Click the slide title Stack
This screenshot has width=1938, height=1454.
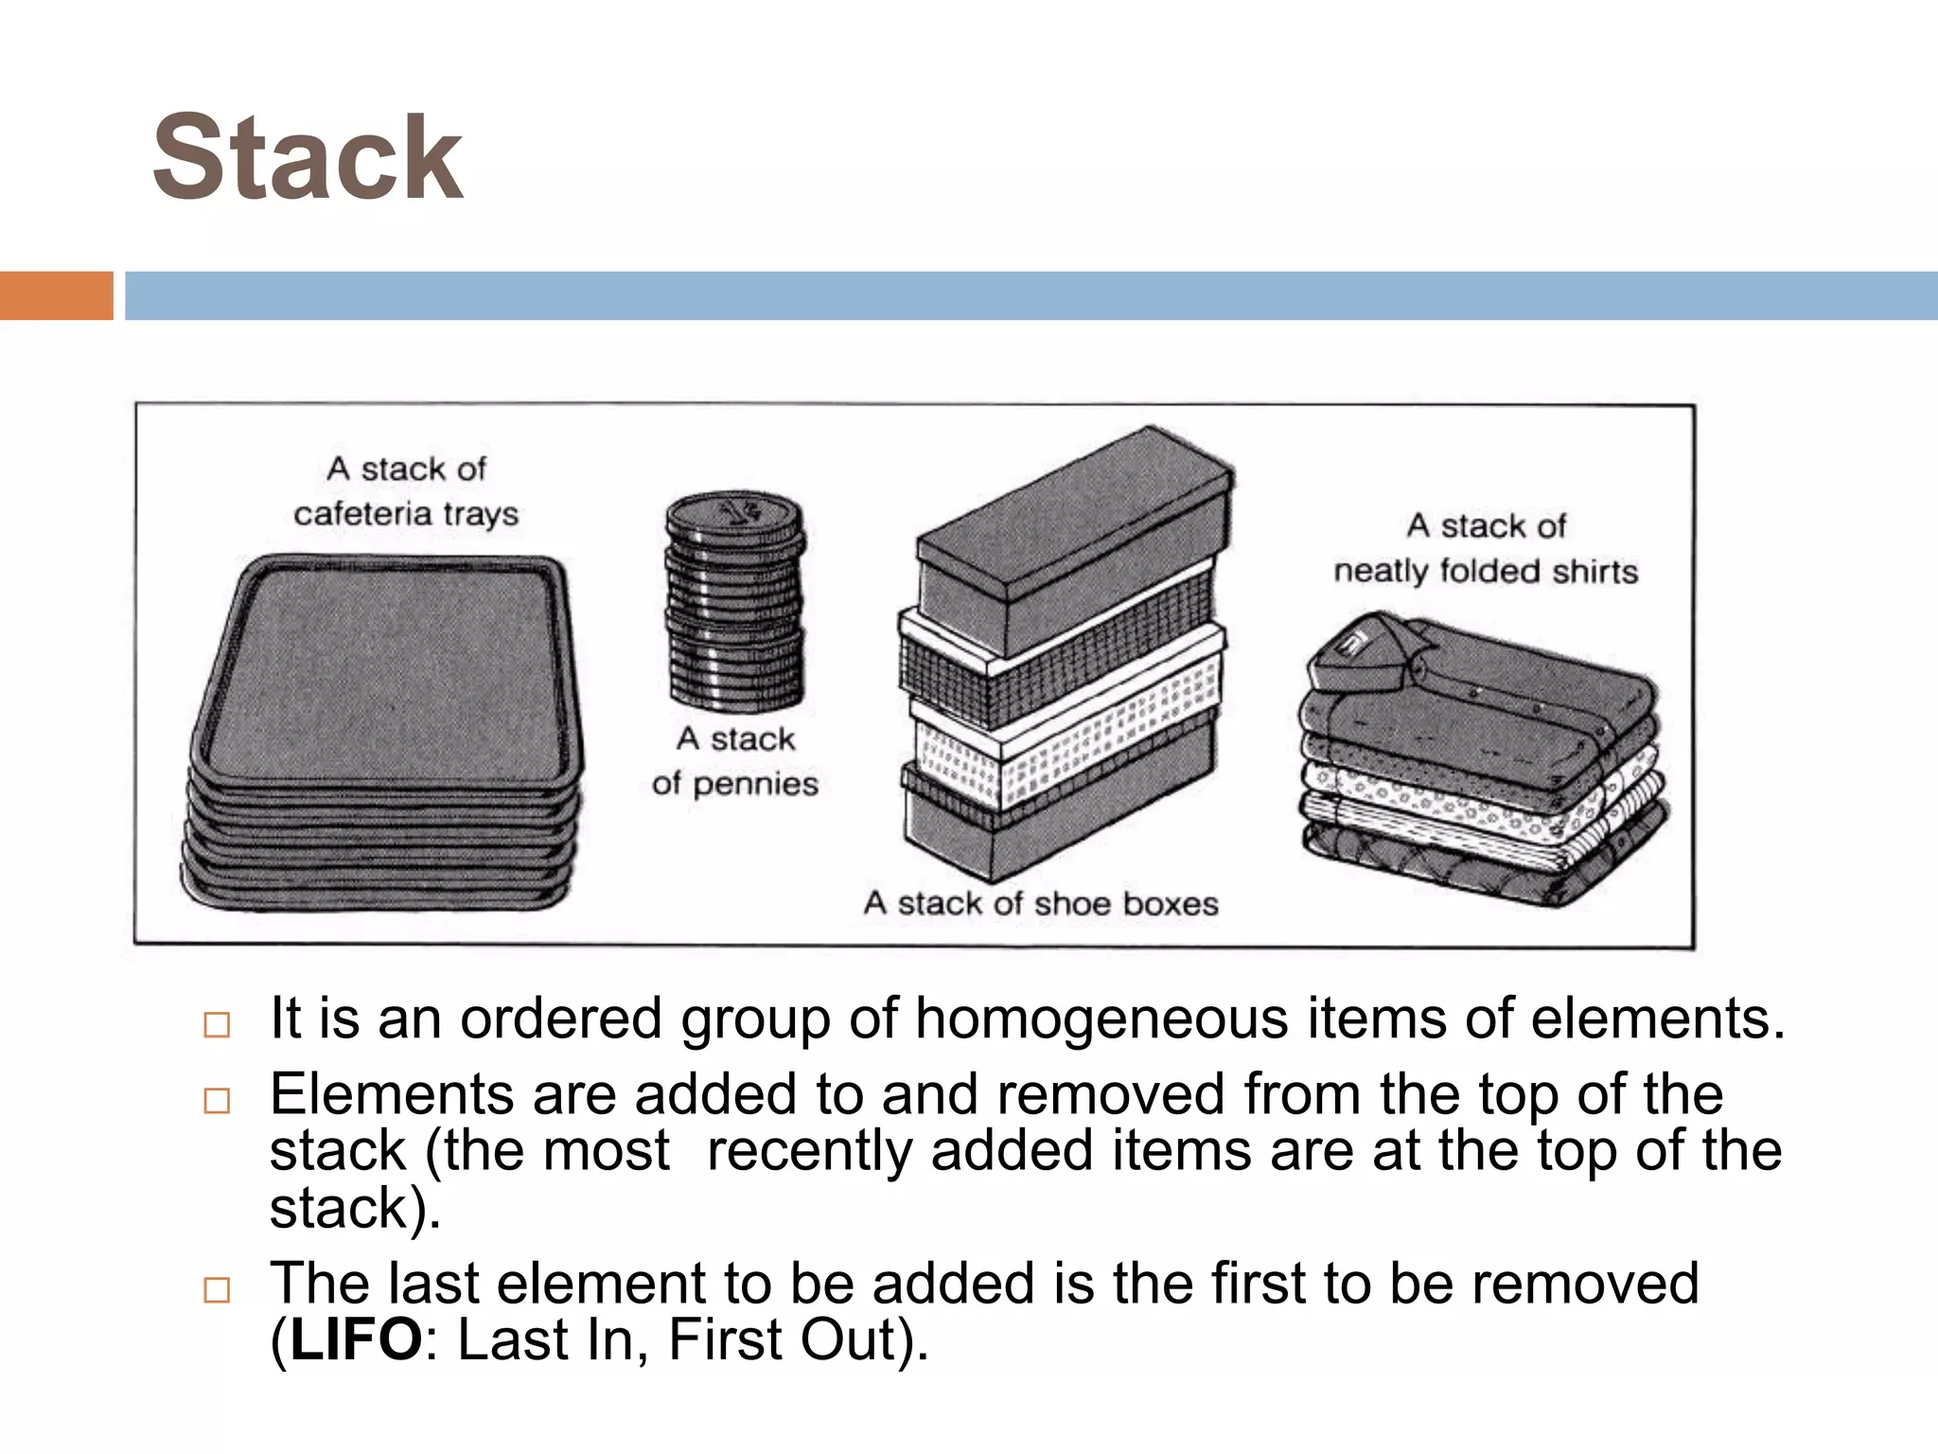coord(308,158)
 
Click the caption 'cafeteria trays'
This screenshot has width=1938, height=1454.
coord(406,514)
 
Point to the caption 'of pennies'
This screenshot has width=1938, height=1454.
coord(734,784)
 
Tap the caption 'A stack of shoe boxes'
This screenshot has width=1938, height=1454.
coord(1041,903)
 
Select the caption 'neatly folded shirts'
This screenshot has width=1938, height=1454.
coord(1485,572)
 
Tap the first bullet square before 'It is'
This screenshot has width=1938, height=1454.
coord(217,1025)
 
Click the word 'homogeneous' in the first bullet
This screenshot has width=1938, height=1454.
coord(1101,1020)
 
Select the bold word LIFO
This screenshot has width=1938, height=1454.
coord(356,1339)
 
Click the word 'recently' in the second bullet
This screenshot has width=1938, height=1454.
coord(809,1151)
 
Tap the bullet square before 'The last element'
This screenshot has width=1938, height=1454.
coord(217,1290)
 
